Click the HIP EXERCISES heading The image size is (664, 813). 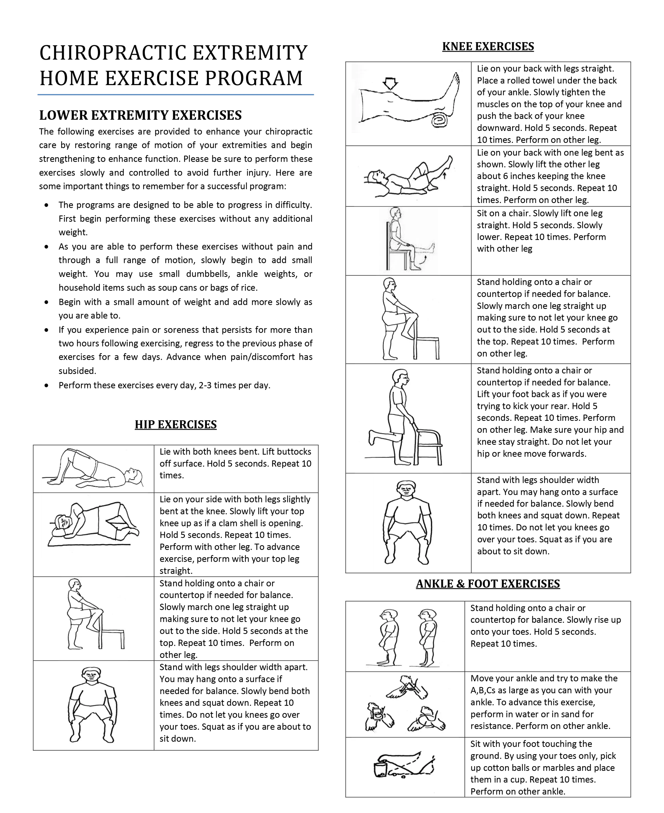[x=176, y=425]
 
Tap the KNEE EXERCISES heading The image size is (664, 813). [x=488, y=47]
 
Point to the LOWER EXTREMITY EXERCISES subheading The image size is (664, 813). [x=140, y=115]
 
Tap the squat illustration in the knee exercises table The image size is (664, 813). [x=408, y=522]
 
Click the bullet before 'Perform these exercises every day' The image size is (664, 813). [x=47, y=386]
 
